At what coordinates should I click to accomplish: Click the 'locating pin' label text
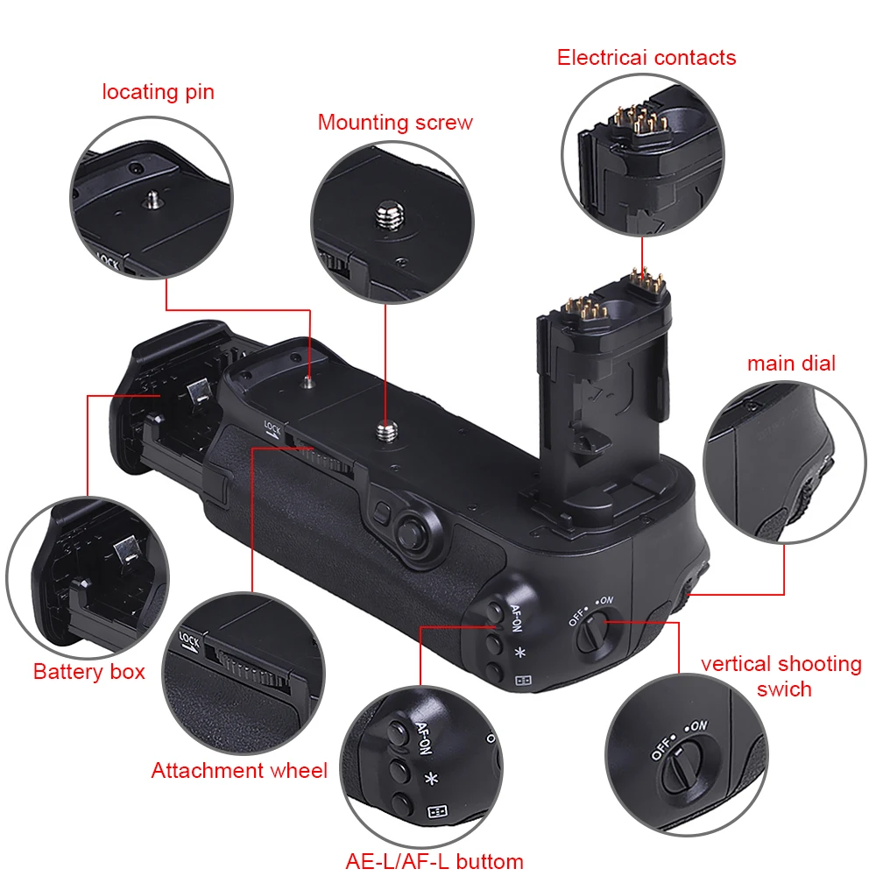tap(158, 92)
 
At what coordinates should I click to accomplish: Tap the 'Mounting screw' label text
tap(395, 122)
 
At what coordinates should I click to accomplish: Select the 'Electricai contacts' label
tap(646, 58)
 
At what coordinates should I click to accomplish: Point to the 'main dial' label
tap(791, 363)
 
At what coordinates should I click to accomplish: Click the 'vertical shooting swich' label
tap(781, 675)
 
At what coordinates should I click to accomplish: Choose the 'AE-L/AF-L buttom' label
tap(434, 861)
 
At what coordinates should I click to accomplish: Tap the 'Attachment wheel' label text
tap(239, 771)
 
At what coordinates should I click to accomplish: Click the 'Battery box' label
tap(89, 672)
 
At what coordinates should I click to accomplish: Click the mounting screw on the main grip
tap(385, 428)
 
